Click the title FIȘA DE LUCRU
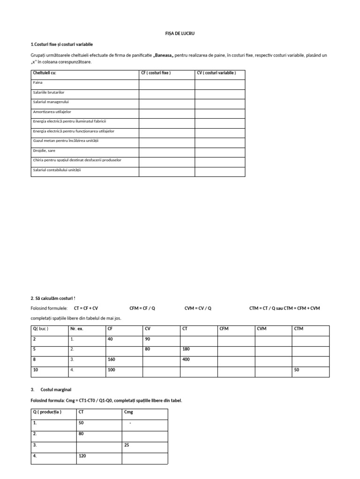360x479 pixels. pos(180,34)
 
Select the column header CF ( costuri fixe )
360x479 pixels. pos(156,73)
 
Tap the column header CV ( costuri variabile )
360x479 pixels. pos(216,73)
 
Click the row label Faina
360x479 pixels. pos(37,82)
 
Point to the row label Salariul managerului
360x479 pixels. pos(51,102)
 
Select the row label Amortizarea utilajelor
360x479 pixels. pos(52,112)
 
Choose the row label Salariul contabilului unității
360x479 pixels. pos(57,170)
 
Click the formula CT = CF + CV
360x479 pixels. pos(86,308)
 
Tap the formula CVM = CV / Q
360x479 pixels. pos(198,308)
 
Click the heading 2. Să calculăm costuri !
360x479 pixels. pos(52,298)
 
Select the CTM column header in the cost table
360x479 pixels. pos(299,329)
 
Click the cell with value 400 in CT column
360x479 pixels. pos(187,359)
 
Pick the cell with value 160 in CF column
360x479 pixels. pos(112,359)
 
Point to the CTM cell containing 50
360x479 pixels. pos(297,370)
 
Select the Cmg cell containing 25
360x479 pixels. pos(127,445)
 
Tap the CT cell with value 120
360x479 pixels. pos(82,456)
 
